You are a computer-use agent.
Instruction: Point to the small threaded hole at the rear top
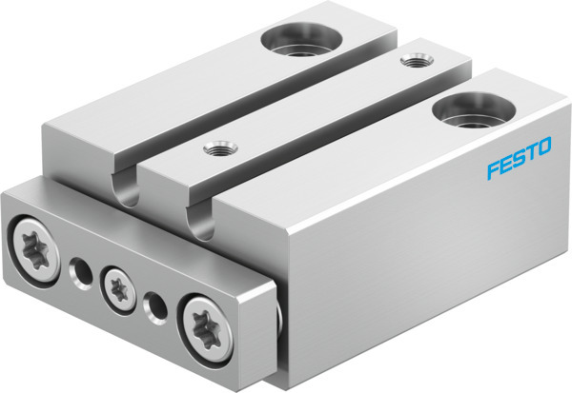click(x=413, y=62)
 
